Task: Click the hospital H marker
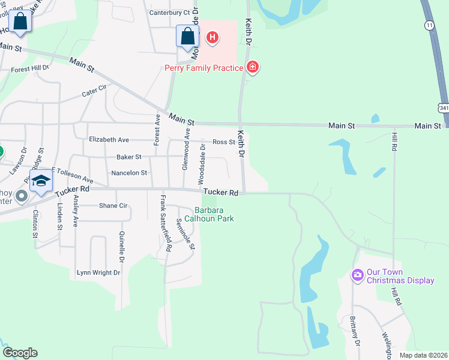(x=212, y=38)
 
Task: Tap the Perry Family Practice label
(x=203, y=67)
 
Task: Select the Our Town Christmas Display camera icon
(x=358, y=275)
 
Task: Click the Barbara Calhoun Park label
(x=213, y=214)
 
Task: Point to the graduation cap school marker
(x=41, y=181)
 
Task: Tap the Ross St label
(x=223, y=142)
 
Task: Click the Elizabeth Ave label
(x=109, y=140)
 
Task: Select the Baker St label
(x=128, y=157)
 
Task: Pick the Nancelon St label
(x=128, y=173)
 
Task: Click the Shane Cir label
(x=113, y=205)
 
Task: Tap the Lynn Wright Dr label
(x=98, y=272)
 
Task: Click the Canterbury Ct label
(x=169, y=12)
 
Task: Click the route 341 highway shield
(x=443, y=108)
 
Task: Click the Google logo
(x=20, y=353)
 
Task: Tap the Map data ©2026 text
(x=423, y=355)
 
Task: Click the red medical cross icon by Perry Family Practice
(x=253, y=67)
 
